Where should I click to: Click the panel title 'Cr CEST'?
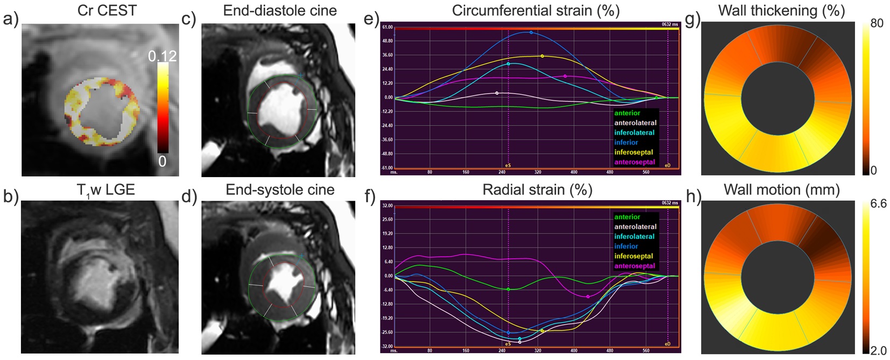coord(107,11)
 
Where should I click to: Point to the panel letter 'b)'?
coord(10,197)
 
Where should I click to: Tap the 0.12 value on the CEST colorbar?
coord(163,56)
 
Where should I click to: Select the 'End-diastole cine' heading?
coord(280,11)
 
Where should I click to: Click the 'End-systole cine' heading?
coord(280,190)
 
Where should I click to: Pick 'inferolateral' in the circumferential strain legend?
coord(634,132)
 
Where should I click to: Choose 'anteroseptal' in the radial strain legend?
coord(635,266)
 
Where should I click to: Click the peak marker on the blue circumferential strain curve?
coord(531,33)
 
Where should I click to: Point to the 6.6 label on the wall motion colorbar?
coord(878,203)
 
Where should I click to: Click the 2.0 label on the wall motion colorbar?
coord(878,351)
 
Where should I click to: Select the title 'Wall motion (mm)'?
coord(782,190)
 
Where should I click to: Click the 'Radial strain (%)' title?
coord(537,190)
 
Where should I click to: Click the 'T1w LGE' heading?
coord(105,190)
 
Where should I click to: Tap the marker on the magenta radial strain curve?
coord(588,297)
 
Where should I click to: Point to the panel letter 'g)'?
coord(693,19)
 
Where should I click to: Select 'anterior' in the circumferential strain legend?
coord(627,113)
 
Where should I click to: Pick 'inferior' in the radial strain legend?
coord(626,246)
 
